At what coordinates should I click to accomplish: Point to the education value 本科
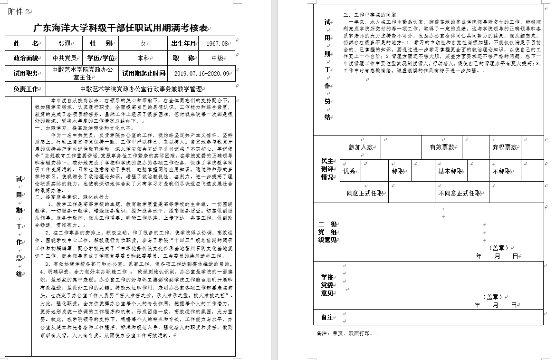[x=143, y=58]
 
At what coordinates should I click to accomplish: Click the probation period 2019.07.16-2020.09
[x=201, y=73]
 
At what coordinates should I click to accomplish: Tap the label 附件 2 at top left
[x=18, y=12]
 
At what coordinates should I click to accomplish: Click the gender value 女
[x=143, y=43]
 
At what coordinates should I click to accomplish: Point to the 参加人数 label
[x=360, y=147]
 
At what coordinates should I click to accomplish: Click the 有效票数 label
[x=441, y=147]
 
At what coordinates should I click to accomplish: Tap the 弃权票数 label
[x=504, y=147]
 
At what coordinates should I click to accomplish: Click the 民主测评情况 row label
[x=327, y=169]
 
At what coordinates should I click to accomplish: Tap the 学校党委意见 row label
[x=327, y=284]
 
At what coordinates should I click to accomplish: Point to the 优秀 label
[x=349, y=171]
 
